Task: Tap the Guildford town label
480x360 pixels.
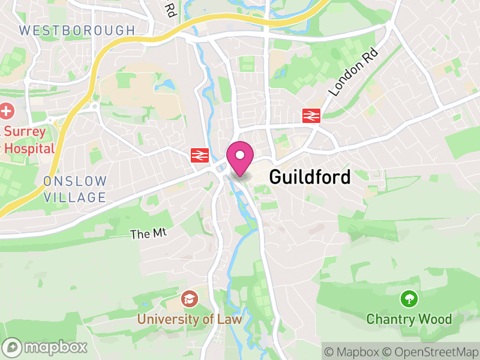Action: [310, 177]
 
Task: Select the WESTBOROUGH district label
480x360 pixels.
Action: [77, 30]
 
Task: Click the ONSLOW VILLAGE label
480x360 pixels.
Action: [75, 189]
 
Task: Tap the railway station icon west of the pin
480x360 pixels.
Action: [199, 156]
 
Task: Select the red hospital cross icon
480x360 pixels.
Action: [7, 111]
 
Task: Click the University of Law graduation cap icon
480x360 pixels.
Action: [190, 299]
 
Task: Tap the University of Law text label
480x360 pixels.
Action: [190, 319]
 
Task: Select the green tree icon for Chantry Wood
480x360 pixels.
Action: [409, 298]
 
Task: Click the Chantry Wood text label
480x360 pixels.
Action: [409, 319]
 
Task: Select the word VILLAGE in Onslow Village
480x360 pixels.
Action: [75, 197]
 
